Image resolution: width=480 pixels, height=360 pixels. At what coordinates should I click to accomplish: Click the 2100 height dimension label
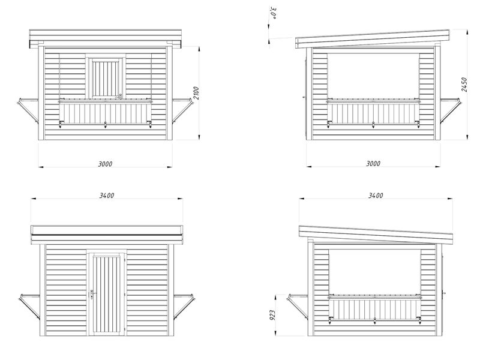(197, 93)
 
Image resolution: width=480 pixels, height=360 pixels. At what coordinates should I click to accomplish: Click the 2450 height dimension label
(464, 84)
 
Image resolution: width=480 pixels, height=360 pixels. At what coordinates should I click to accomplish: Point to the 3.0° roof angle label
(274, 13)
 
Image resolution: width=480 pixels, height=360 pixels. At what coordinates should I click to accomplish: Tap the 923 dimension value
(272, 315)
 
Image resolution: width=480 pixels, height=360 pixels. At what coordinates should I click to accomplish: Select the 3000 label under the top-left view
(105, 164)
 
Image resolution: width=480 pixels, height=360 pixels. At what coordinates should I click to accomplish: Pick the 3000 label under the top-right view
(373, 163)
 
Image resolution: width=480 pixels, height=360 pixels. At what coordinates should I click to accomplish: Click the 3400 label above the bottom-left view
(107, 196)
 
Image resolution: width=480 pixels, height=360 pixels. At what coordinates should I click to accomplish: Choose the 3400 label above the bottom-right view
(376, 196)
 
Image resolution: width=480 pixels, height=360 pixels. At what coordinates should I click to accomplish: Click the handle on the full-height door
(92, 294)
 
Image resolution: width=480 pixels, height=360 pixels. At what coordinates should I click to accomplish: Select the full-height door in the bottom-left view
(106, 293)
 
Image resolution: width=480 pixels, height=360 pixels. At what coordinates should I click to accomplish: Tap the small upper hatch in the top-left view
(106, 77)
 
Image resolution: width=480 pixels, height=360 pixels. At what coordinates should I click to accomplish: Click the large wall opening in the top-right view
(373, 76)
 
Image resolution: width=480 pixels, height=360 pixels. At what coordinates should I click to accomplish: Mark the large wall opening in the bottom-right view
(375, 273)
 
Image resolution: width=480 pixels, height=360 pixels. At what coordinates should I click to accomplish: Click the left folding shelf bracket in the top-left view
(28, 110)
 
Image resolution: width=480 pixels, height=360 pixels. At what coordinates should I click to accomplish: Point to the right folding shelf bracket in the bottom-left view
(185, 307)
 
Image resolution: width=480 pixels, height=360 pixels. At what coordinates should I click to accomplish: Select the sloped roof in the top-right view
(373, 39)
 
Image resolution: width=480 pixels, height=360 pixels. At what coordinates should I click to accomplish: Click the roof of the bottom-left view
(107, 235)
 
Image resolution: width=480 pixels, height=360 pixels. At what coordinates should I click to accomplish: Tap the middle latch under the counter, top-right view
(373, 124)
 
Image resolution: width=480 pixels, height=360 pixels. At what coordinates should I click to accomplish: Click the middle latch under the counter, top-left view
(106, 125)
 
